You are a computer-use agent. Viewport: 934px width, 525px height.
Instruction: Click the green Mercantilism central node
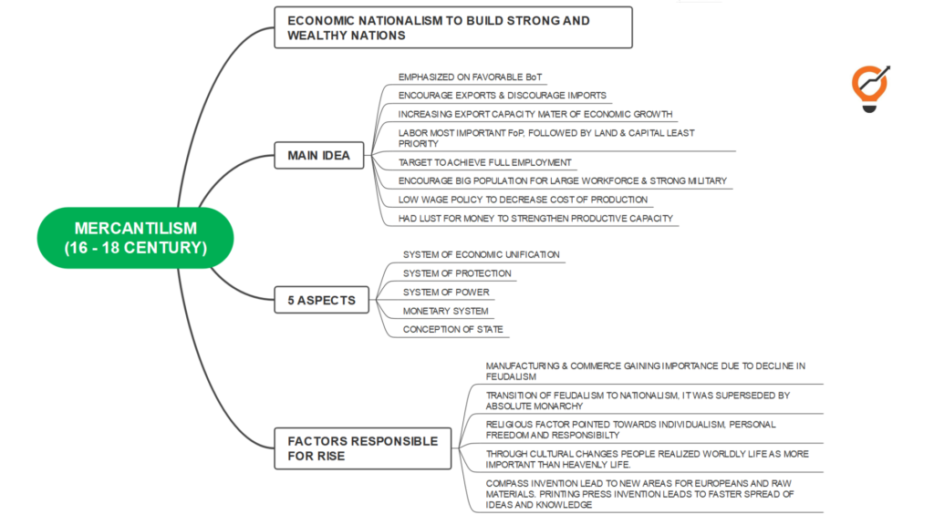tap(135, 238)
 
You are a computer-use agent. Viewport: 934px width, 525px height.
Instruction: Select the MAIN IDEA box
tap(318, 155)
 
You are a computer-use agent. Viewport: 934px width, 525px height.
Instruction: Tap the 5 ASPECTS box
tap(322, 300)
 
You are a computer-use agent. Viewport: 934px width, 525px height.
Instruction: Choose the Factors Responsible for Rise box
tap(363, 448)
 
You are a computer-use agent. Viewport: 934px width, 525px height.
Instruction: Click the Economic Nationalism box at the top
tap(452, 27)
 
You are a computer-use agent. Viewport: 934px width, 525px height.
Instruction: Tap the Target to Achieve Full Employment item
tap(485, 162)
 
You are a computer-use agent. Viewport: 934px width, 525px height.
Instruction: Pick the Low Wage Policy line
tap(523, 200)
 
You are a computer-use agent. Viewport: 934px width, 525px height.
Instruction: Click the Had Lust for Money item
tap(535, 218)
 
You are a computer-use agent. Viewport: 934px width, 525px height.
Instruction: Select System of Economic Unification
tap(481, 254)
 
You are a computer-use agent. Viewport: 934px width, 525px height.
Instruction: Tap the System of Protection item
tap(457, 273)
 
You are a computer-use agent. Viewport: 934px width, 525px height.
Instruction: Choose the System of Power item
tap(446, 293)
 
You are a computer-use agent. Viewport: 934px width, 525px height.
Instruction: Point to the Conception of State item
tap(452, 329)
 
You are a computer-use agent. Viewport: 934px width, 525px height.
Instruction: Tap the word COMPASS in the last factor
tap(506, 483)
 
